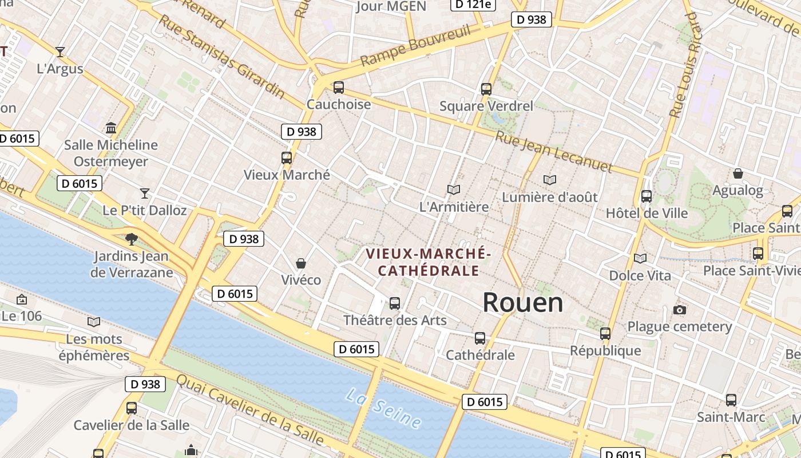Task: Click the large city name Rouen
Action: (523, 302)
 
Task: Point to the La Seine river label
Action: (384, 408)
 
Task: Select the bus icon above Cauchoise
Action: (339, 88)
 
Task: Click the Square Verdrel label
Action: (486, 106)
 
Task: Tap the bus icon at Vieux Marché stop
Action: (287, 158)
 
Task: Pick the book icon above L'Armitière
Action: (454, 189)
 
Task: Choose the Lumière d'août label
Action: (550, 197)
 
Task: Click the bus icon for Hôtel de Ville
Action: (647, 196)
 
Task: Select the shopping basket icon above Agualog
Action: (738, 173)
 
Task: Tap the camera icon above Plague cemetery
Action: (680, 310)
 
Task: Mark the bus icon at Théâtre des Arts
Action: (395, 303)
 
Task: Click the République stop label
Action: (605, 350)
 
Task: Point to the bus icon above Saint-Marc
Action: (731, 400)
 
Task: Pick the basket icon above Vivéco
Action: (301, 263)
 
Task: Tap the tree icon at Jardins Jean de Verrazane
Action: (132, 239)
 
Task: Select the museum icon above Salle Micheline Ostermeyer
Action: (111, 128)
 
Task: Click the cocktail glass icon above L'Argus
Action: (60, 52)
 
